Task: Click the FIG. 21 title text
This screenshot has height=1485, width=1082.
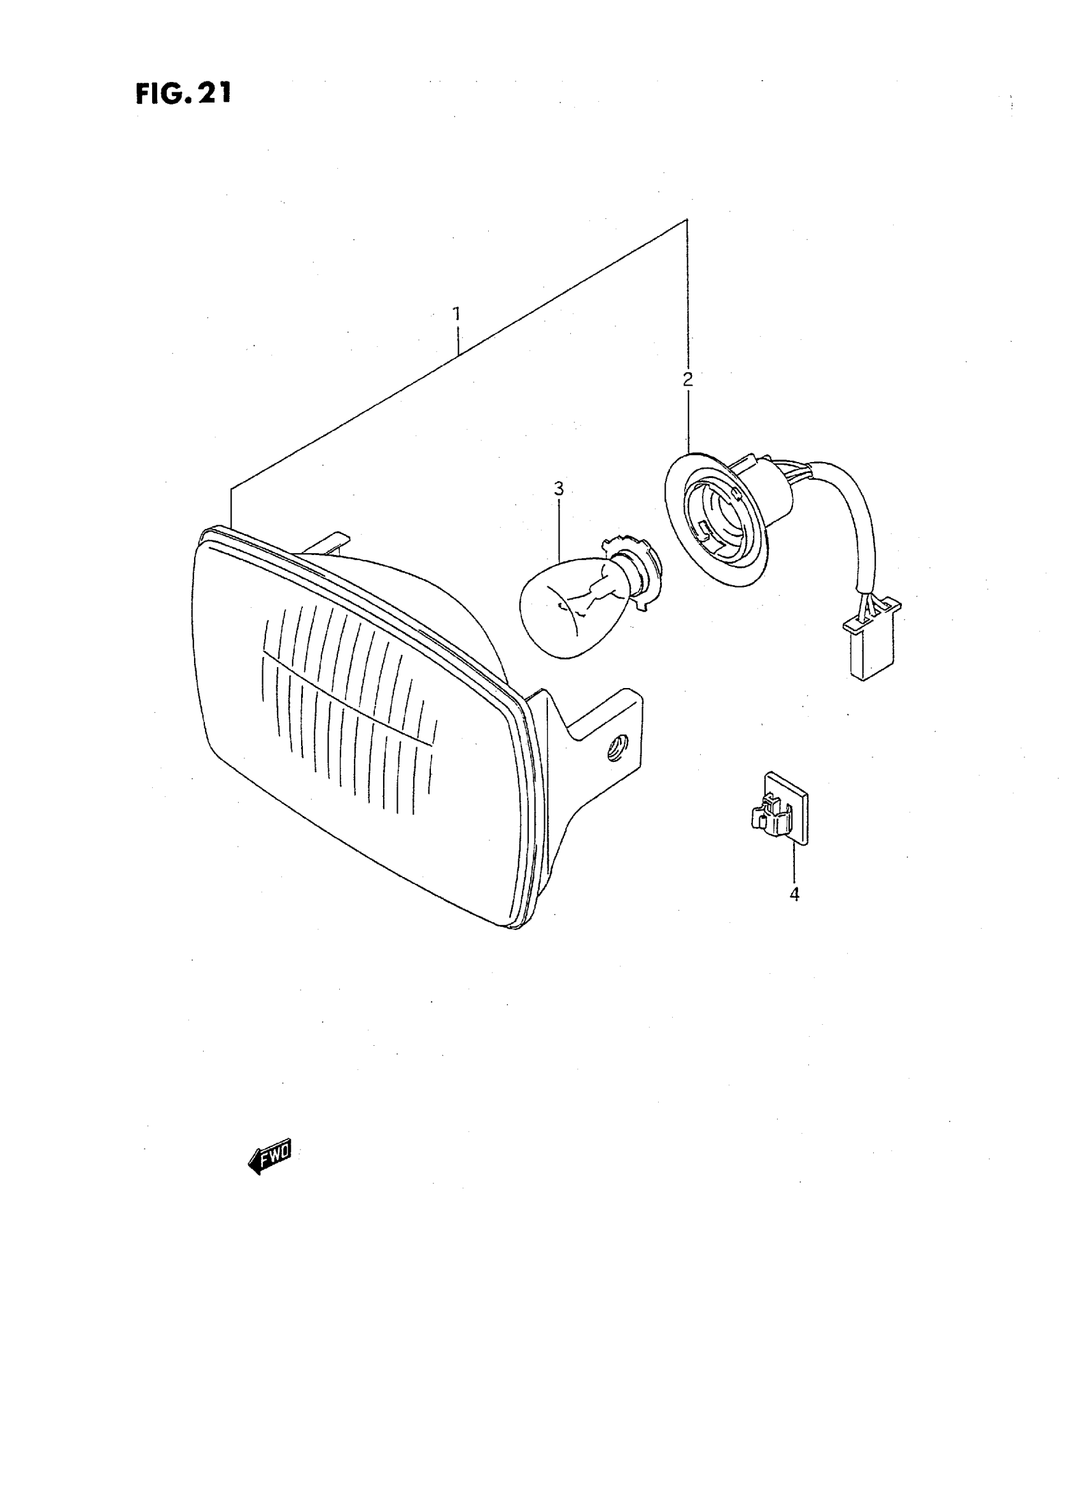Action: coord(183,94)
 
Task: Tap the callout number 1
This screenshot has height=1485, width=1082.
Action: coord(456,314)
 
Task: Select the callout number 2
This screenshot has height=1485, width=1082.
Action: coord(687,379)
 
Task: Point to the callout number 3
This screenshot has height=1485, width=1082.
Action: coord(558,489)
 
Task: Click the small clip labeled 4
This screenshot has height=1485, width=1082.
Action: coord(780,810)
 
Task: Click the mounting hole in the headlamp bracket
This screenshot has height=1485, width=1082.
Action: coord(615,748)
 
